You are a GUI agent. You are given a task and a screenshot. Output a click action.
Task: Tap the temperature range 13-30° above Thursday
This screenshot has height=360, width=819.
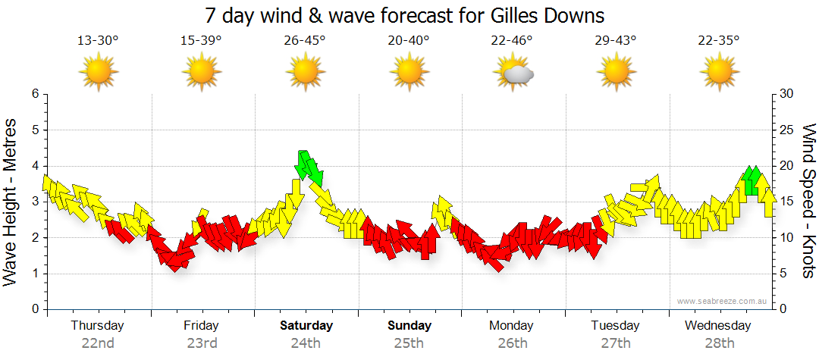tap(98, 41)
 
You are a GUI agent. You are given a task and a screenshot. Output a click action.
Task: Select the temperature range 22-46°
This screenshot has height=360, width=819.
tap(513, 41)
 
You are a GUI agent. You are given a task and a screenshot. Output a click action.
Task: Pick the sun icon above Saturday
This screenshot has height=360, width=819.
tap(305, 74)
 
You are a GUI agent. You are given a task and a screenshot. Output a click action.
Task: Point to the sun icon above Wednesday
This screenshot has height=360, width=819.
tap(719, 74)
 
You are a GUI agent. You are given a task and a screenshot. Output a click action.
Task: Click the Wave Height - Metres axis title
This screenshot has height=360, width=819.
tap(11, 202)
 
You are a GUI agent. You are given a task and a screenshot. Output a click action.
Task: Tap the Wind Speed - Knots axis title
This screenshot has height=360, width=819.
tap(808, 202)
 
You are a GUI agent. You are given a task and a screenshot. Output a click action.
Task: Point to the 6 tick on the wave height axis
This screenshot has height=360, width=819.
tap(34, 94)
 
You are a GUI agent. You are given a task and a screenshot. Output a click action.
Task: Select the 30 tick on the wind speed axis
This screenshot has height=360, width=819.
tap(786, 94)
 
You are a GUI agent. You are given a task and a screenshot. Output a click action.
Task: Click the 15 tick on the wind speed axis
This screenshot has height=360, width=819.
tap(786, 202)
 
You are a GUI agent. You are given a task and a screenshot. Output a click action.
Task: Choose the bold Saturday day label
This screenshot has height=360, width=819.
tap(306, 326)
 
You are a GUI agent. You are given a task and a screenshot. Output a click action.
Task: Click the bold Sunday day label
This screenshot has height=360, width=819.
tap(409, 326)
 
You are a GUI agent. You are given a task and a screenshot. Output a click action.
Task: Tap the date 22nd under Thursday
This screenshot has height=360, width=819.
tap(98, 343)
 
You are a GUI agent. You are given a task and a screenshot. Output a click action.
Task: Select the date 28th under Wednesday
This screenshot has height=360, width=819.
tap(718, 343)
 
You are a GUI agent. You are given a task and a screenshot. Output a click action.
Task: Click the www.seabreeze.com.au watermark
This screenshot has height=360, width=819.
tap(722, 301)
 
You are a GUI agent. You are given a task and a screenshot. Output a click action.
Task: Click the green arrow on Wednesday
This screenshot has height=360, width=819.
tap(752, 180)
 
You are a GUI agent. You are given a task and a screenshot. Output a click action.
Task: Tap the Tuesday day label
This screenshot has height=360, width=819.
tap(615, 326)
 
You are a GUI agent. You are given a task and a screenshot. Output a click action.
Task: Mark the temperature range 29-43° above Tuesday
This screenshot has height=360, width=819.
tap(615, 41)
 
